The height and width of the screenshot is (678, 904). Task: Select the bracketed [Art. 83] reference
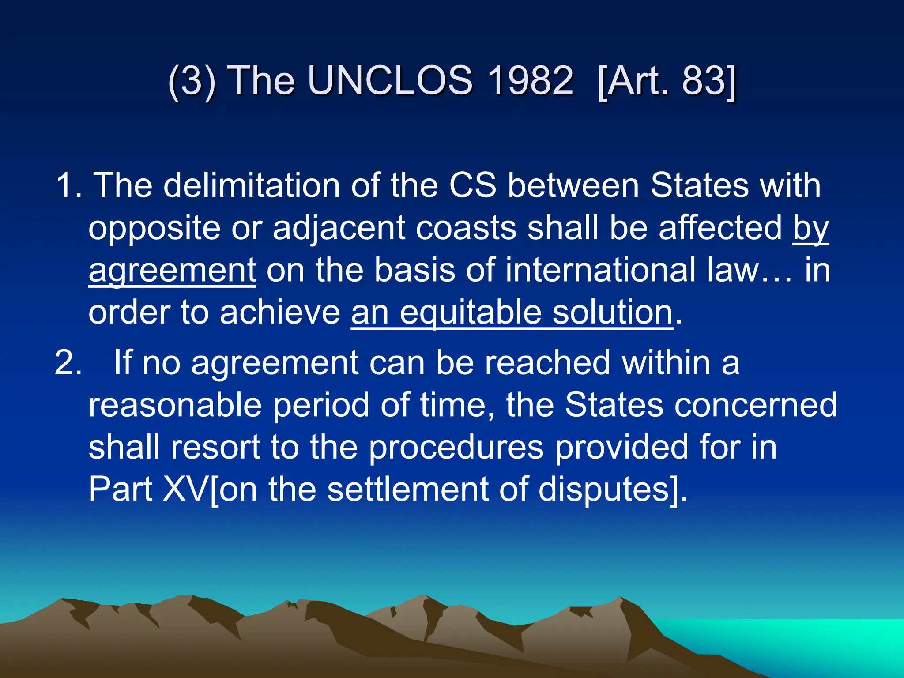pyautogui.click(x=667, y=80)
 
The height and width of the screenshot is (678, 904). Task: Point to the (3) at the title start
pyautogui.click(x=192, y=80)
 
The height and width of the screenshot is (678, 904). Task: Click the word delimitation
pyautogui.click(x=251, y=185)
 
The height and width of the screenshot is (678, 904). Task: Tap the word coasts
pyautogui.click(x=466, y=228)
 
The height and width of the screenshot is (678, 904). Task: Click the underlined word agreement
pyautogui.click(x=172, y=270)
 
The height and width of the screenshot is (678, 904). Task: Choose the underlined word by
pyautogui.click(x=810, y=228)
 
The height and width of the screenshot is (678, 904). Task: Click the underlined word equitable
pyautogui.click(x=471, y=313)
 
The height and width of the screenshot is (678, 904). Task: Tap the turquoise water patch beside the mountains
pyautogui.click(x=817, y=640)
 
